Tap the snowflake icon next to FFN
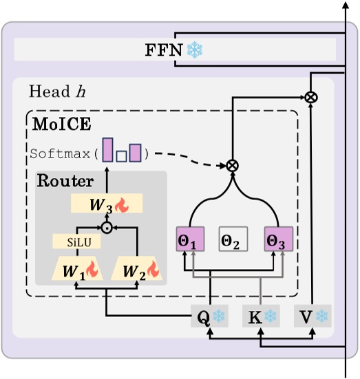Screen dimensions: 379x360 point(195,50)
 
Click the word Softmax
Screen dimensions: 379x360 point(61,153)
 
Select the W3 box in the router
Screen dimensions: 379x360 point(107,203)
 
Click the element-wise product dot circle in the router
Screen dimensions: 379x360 point(107,227)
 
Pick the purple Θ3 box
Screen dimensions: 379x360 point(278,239)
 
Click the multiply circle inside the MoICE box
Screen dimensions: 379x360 point(232,165)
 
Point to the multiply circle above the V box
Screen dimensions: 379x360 point(311,98)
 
